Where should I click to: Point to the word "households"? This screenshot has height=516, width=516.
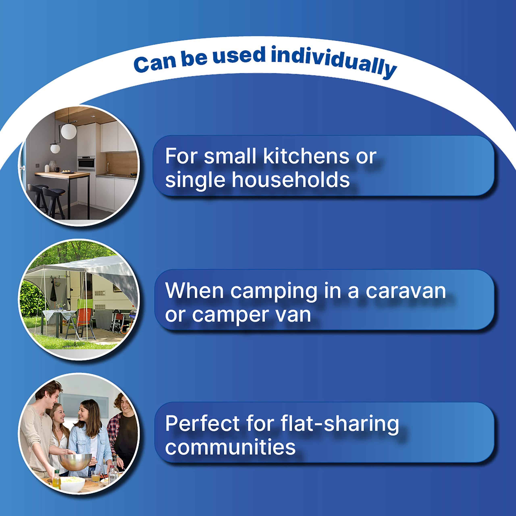pos(291,179)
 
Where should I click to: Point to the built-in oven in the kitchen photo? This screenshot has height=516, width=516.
pos(86,163)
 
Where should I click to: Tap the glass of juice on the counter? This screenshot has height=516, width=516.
pos(95,476)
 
